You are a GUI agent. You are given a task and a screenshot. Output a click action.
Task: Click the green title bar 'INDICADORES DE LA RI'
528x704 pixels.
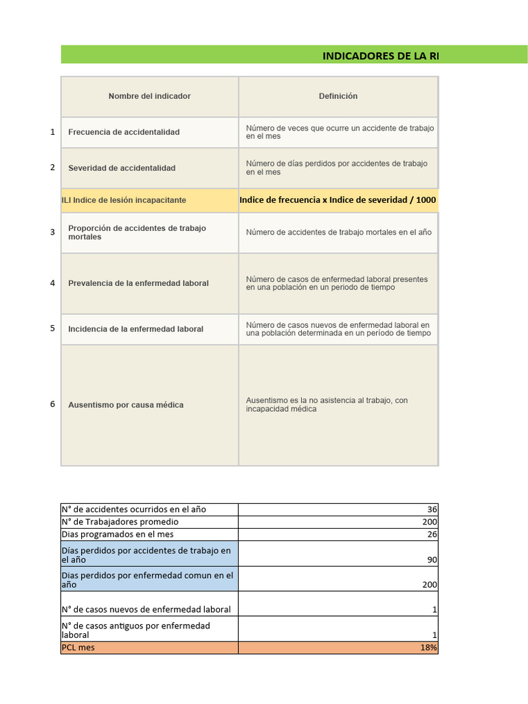click(379, 56)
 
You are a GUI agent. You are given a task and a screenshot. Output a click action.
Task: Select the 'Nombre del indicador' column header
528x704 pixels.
click(149, 96)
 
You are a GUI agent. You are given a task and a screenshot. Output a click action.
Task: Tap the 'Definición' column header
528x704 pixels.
click(338, 96)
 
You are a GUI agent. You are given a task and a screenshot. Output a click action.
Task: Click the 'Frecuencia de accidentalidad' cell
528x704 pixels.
click(124, 132)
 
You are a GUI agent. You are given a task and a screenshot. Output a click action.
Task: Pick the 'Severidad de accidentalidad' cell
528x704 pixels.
click(122, 168)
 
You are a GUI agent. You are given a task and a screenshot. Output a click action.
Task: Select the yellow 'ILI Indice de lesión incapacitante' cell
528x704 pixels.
click(124, 200)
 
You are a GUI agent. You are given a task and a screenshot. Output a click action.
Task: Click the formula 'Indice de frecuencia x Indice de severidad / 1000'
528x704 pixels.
click(338, 200)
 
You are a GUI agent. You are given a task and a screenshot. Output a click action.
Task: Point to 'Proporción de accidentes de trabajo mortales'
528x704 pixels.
click(137, 232)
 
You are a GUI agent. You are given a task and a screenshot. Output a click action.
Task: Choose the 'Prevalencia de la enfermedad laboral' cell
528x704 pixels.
click(138, 283)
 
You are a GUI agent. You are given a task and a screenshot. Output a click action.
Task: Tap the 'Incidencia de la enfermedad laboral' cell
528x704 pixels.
click(135, 329)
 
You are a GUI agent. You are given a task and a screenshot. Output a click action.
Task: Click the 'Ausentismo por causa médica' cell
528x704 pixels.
click(126, 405)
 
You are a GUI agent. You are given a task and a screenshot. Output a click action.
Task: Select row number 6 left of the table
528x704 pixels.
click(52, 404)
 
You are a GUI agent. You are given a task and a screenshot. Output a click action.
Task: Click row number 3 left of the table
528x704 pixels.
click(52, 232)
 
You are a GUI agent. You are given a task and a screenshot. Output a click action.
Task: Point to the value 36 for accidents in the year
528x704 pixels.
click(432, 509)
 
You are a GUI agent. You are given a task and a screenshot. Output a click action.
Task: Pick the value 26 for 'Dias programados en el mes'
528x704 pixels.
click(432, 534)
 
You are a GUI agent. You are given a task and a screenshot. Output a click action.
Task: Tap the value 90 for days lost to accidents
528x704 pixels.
click(432, 560)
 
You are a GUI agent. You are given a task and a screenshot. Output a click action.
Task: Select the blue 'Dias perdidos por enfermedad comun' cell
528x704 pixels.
click(148, 580)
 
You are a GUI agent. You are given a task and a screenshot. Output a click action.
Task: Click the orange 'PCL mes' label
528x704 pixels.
click(78, 648)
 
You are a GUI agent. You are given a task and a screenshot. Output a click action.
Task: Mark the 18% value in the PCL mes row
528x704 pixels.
click(430, 648)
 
